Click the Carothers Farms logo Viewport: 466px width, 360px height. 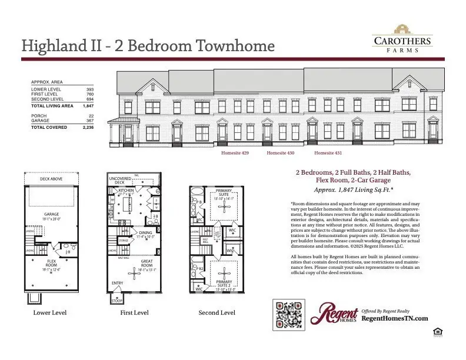(402, 39)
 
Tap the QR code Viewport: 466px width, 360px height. (289, 315)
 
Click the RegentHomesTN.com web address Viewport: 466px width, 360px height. (394, 318)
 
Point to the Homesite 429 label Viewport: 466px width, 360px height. (235, 153)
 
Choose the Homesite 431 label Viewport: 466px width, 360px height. (328, 153)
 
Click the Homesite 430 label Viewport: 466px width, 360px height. (281, 153)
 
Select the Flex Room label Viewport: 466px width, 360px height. (52, 261)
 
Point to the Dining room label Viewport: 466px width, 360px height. (145, 232)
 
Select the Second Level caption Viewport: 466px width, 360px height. (217, 313)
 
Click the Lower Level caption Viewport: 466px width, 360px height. (50, 313)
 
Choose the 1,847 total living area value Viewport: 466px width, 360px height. (88, 106)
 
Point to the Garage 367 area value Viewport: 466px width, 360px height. (90, 121)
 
